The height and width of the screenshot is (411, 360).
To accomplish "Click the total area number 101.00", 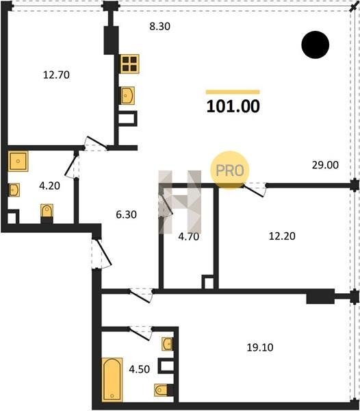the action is (233, 106).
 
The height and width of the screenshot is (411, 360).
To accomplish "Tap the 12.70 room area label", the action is (56, 75).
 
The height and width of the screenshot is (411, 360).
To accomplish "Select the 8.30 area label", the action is (159, 26).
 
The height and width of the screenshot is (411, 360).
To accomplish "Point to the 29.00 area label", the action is (325, 165).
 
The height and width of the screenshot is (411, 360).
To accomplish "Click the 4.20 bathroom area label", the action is (49, 186).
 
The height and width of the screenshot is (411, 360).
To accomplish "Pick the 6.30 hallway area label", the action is (126, 214).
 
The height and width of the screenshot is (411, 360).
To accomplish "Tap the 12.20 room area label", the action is (282, 236).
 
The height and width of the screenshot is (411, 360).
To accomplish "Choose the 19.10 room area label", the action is (260, 347).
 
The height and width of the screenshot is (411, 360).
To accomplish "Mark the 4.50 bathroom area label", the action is (140, 369).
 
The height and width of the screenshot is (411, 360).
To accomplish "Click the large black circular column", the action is (316, 45).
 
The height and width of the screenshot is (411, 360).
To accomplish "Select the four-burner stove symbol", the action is (129, 64).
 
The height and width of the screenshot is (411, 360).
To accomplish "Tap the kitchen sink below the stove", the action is (128, 95).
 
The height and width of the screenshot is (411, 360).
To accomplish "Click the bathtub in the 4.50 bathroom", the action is (112, 379).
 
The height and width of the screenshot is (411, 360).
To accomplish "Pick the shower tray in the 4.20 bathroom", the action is (18, 161).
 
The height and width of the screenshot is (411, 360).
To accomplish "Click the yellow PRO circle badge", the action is (230, 170).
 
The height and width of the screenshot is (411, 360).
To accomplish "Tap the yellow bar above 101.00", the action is (233, 92).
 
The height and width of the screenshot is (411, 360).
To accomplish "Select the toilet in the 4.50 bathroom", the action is (161, 390).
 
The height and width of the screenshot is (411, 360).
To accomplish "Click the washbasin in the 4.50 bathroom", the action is (168, 344).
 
